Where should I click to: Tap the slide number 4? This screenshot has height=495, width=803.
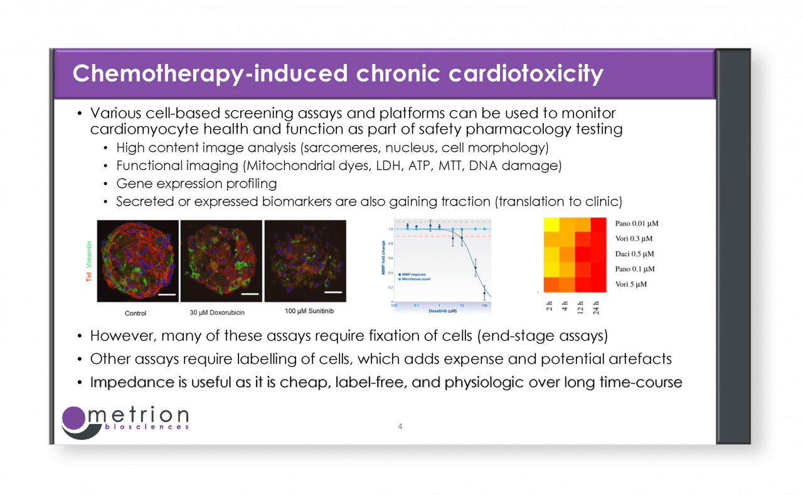coord(400,427)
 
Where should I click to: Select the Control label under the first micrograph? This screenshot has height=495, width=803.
coord(136,313)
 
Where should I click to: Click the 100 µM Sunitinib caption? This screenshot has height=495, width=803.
coord(304,311)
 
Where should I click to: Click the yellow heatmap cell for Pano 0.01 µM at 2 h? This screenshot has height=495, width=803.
coord(551,225)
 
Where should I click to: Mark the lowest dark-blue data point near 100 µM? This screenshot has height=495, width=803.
coord(484,293)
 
